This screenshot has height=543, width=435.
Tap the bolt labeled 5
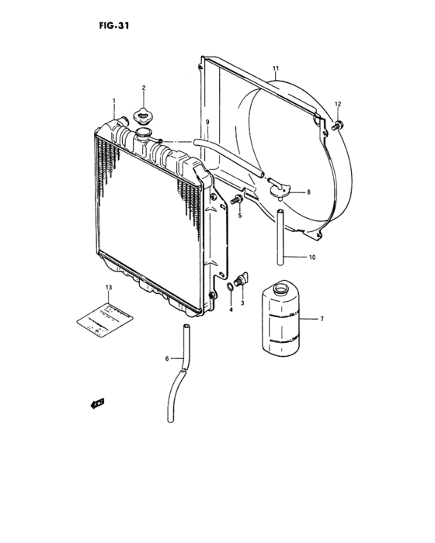point(238,201)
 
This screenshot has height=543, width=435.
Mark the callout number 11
point(275,70)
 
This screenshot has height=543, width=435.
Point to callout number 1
point(113,101)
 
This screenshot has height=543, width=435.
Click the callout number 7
point(322,319)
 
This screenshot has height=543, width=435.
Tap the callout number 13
point(109,288)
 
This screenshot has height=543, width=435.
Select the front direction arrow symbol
point(96,403)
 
